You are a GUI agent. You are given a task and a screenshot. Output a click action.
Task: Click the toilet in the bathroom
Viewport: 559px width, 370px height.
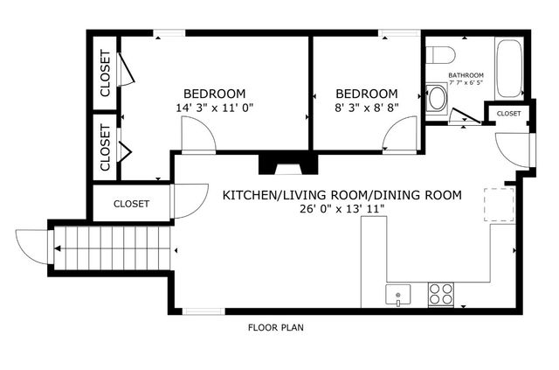click(x=441, y=53)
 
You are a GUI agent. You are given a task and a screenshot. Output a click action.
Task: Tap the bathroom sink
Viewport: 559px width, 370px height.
click(x=436, y=98)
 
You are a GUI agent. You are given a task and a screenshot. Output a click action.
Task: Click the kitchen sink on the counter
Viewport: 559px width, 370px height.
click(x=397, y=295)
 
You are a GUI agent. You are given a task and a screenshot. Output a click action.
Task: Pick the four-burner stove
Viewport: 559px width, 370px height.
click(x=439, y=295)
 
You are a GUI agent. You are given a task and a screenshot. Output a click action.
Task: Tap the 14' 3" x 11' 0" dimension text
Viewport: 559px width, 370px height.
click(x=214, y=108)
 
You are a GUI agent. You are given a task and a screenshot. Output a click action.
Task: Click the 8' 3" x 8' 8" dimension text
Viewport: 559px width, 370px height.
click(x=366, y=108)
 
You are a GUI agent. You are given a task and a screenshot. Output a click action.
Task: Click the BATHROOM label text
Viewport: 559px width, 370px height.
click(x=466, y=75)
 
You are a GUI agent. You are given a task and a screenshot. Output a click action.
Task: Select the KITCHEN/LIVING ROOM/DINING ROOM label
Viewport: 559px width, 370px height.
click(x=342, y=194)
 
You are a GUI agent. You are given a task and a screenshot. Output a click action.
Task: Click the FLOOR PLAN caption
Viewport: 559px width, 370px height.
click(x=276, y=329)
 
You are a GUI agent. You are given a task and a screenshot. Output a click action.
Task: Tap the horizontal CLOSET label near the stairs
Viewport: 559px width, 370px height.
click(x=132, y=204)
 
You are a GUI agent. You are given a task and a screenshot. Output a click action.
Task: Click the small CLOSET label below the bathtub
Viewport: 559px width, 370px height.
click(x=509, y=114)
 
